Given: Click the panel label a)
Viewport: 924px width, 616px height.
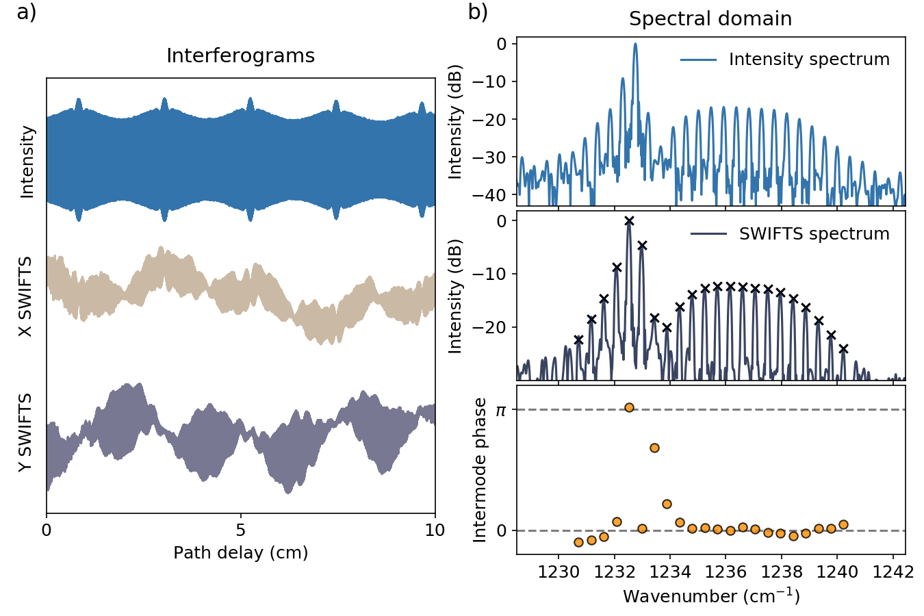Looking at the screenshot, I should pos(27,12).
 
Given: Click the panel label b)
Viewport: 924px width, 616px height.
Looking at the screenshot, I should pos(478,12).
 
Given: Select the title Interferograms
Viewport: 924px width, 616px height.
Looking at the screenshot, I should pos(240,55).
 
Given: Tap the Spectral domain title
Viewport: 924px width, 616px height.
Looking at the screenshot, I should pos(710,19).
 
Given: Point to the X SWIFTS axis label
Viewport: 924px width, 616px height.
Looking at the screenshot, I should pos(25,296).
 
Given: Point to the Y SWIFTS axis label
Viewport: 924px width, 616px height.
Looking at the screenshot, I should pos(25,432).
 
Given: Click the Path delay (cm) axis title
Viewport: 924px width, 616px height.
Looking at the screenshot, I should pos(240,552).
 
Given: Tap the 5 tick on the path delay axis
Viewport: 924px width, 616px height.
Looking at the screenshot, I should pos(240,530).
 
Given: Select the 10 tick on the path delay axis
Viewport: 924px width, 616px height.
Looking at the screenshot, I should pos(435,530).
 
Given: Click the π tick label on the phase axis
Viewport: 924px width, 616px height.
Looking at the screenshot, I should pos(501,410).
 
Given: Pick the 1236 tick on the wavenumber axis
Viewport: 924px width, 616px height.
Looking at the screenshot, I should pos(726,572).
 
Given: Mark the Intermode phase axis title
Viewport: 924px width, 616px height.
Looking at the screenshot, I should pos(480,470).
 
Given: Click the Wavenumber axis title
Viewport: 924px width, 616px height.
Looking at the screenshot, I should pos(710,596).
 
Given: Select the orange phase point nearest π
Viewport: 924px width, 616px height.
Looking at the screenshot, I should pos(629,408).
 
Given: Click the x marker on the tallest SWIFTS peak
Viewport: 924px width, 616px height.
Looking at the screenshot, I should pos(629,221).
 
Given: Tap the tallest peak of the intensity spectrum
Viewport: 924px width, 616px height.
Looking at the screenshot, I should pos(635,44).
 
